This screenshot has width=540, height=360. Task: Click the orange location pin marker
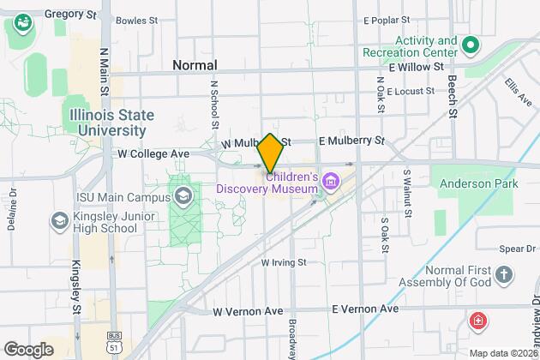point(270,153)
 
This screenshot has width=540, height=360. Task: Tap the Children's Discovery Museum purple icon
point(331,181)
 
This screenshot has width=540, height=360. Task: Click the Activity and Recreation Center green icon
point(470,45)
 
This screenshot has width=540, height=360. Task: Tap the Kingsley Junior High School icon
point(60,221)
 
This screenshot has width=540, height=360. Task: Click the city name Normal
point(195,65)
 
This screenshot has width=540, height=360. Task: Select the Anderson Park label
point(475,183)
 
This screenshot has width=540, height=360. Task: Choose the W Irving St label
point(284,261)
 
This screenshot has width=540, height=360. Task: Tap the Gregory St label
point(69,15)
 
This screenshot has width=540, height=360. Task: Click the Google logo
point(29,349)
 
